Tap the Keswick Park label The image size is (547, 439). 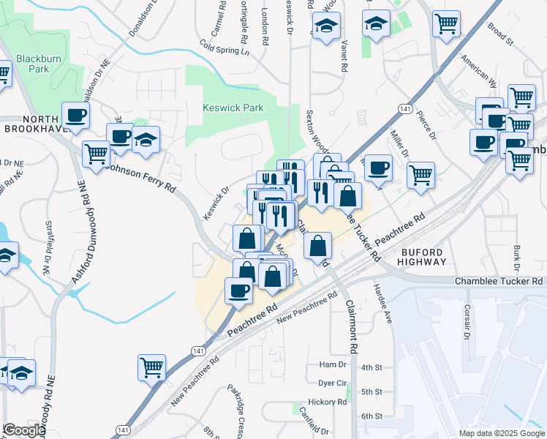[233, 108]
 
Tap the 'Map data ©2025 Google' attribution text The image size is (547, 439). [502, 433]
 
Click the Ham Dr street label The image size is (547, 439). [332, 365]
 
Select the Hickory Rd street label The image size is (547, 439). [327, 402]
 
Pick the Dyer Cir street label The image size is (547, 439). [332, 383]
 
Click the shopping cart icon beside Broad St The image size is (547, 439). [446, 24]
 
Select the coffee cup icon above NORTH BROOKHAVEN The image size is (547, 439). [76, 115]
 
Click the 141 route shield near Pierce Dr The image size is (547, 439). [404, 108]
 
